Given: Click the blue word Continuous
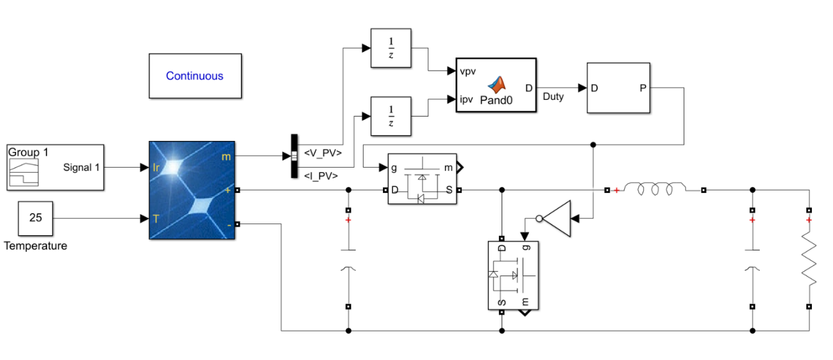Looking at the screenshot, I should point(194,76).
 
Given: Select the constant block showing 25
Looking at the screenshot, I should point(35,218).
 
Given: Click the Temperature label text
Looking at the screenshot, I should point(35,246).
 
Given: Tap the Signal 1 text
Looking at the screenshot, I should point(81,168).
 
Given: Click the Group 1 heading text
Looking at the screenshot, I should point(24,153).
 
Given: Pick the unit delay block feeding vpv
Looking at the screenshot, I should point(391,48).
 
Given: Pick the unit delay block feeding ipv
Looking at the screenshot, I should point(391,116).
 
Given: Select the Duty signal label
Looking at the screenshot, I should point(552,97).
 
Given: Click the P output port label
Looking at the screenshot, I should point(642,88).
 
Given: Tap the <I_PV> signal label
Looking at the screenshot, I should point(321,176).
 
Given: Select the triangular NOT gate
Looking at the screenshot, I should point(557,218).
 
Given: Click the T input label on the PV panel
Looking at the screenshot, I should point(155,218).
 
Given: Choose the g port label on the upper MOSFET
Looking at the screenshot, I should point(394,168).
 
